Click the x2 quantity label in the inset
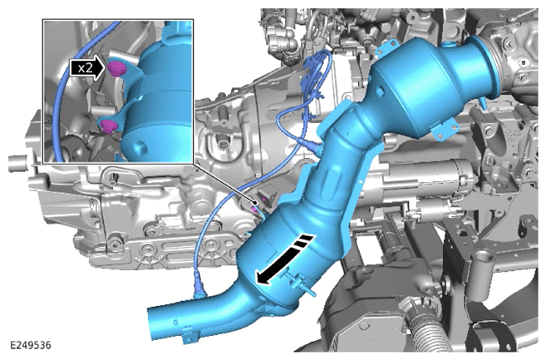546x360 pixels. coord(86,68)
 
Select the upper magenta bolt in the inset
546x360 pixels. coord(116,67)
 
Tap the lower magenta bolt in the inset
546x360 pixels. coord(109,126)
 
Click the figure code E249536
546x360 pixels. coord(31,345)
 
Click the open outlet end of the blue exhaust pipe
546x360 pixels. coord(152,323)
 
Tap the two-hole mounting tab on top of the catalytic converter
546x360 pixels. coord(388,50)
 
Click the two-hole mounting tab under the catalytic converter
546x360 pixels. coord(443,130)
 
